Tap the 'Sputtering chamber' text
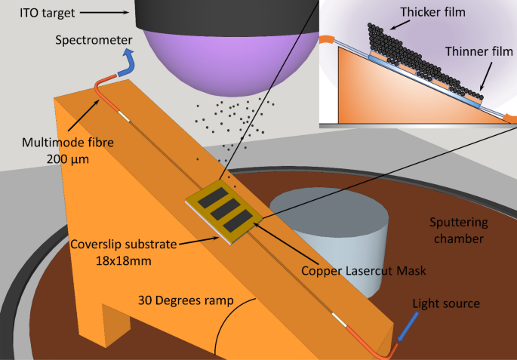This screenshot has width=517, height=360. [x=458, y=230]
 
